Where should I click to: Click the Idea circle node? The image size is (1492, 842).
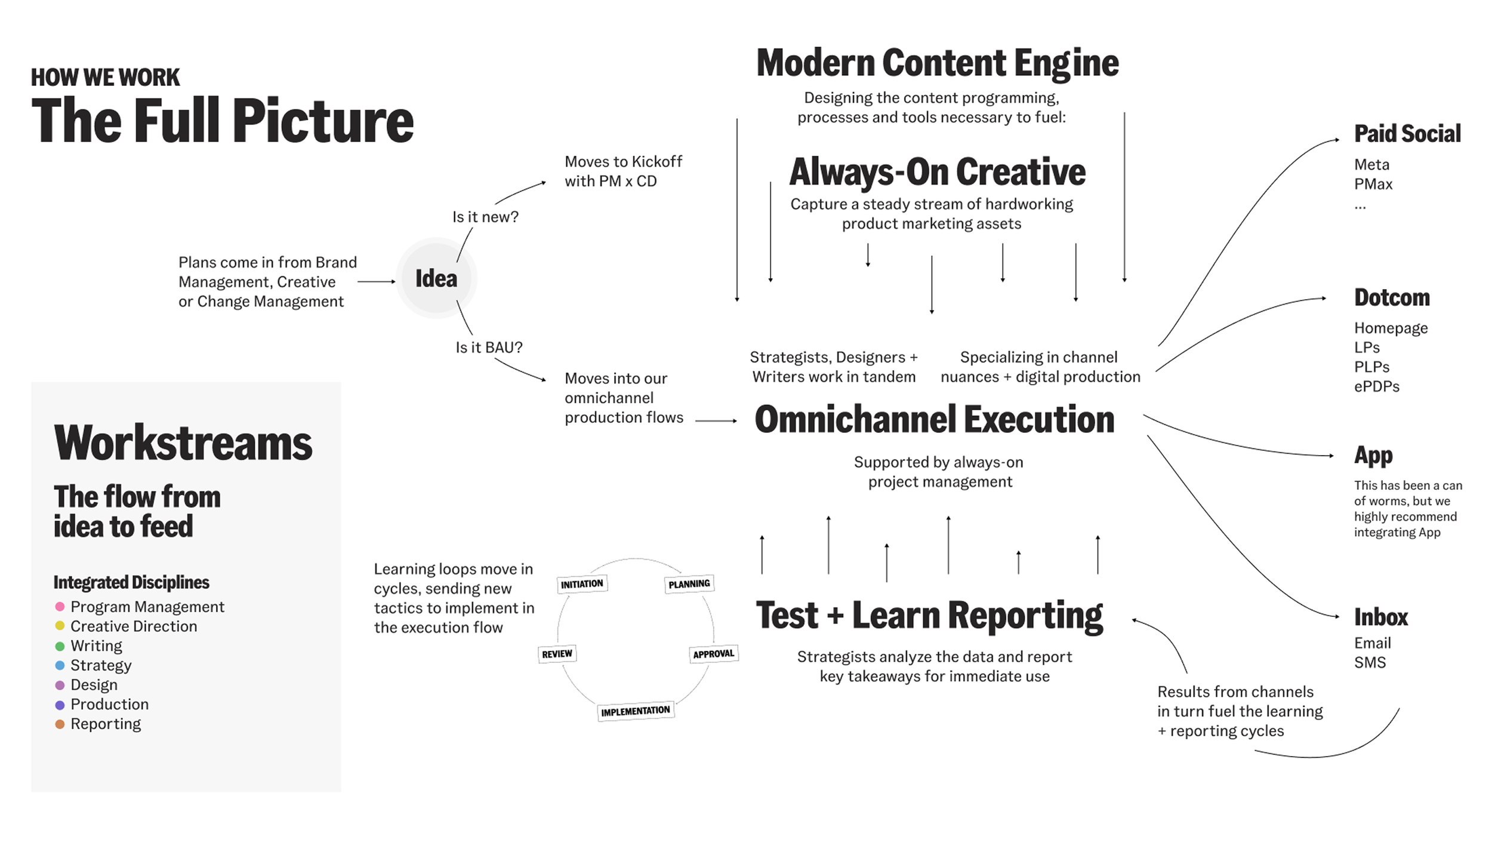click(436, 278)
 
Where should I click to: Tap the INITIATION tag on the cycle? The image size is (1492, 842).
click(582, 583)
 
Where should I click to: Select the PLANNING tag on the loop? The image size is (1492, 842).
click(689, 583)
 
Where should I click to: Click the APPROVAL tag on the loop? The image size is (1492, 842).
click(714, 653)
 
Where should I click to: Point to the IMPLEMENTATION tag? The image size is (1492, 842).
click(636, 711)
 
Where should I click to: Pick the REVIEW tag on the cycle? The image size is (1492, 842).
click(557, 654)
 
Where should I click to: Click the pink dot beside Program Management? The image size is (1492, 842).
click(60, 607)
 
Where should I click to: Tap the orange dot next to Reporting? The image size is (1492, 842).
click(60, 724)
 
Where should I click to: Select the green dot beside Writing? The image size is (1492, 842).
click(60, 646)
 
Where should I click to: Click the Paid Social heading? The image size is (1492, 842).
click(1407, 134)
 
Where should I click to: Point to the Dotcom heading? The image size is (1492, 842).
click(1392, 297)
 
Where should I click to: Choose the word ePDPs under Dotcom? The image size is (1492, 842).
click(1376, 386)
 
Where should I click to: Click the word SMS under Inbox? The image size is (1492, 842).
click(1370, 662)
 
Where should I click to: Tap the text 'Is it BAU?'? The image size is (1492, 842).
click(489, 348)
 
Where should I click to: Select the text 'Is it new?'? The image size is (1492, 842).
click(485, 217)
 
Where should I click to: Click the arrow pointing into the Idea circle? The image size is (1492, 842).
click(377, 281)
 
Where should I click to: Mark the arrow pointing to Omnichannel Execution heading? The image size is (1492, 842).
click(716, 421)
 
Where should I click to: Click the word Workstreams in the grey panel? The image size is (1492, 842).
click(183, 443)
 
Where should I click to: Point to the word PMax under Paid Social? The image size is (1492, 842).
click(1373, 184)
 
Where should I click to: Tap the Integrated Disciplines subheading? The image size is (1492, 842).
click(131, 582)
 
